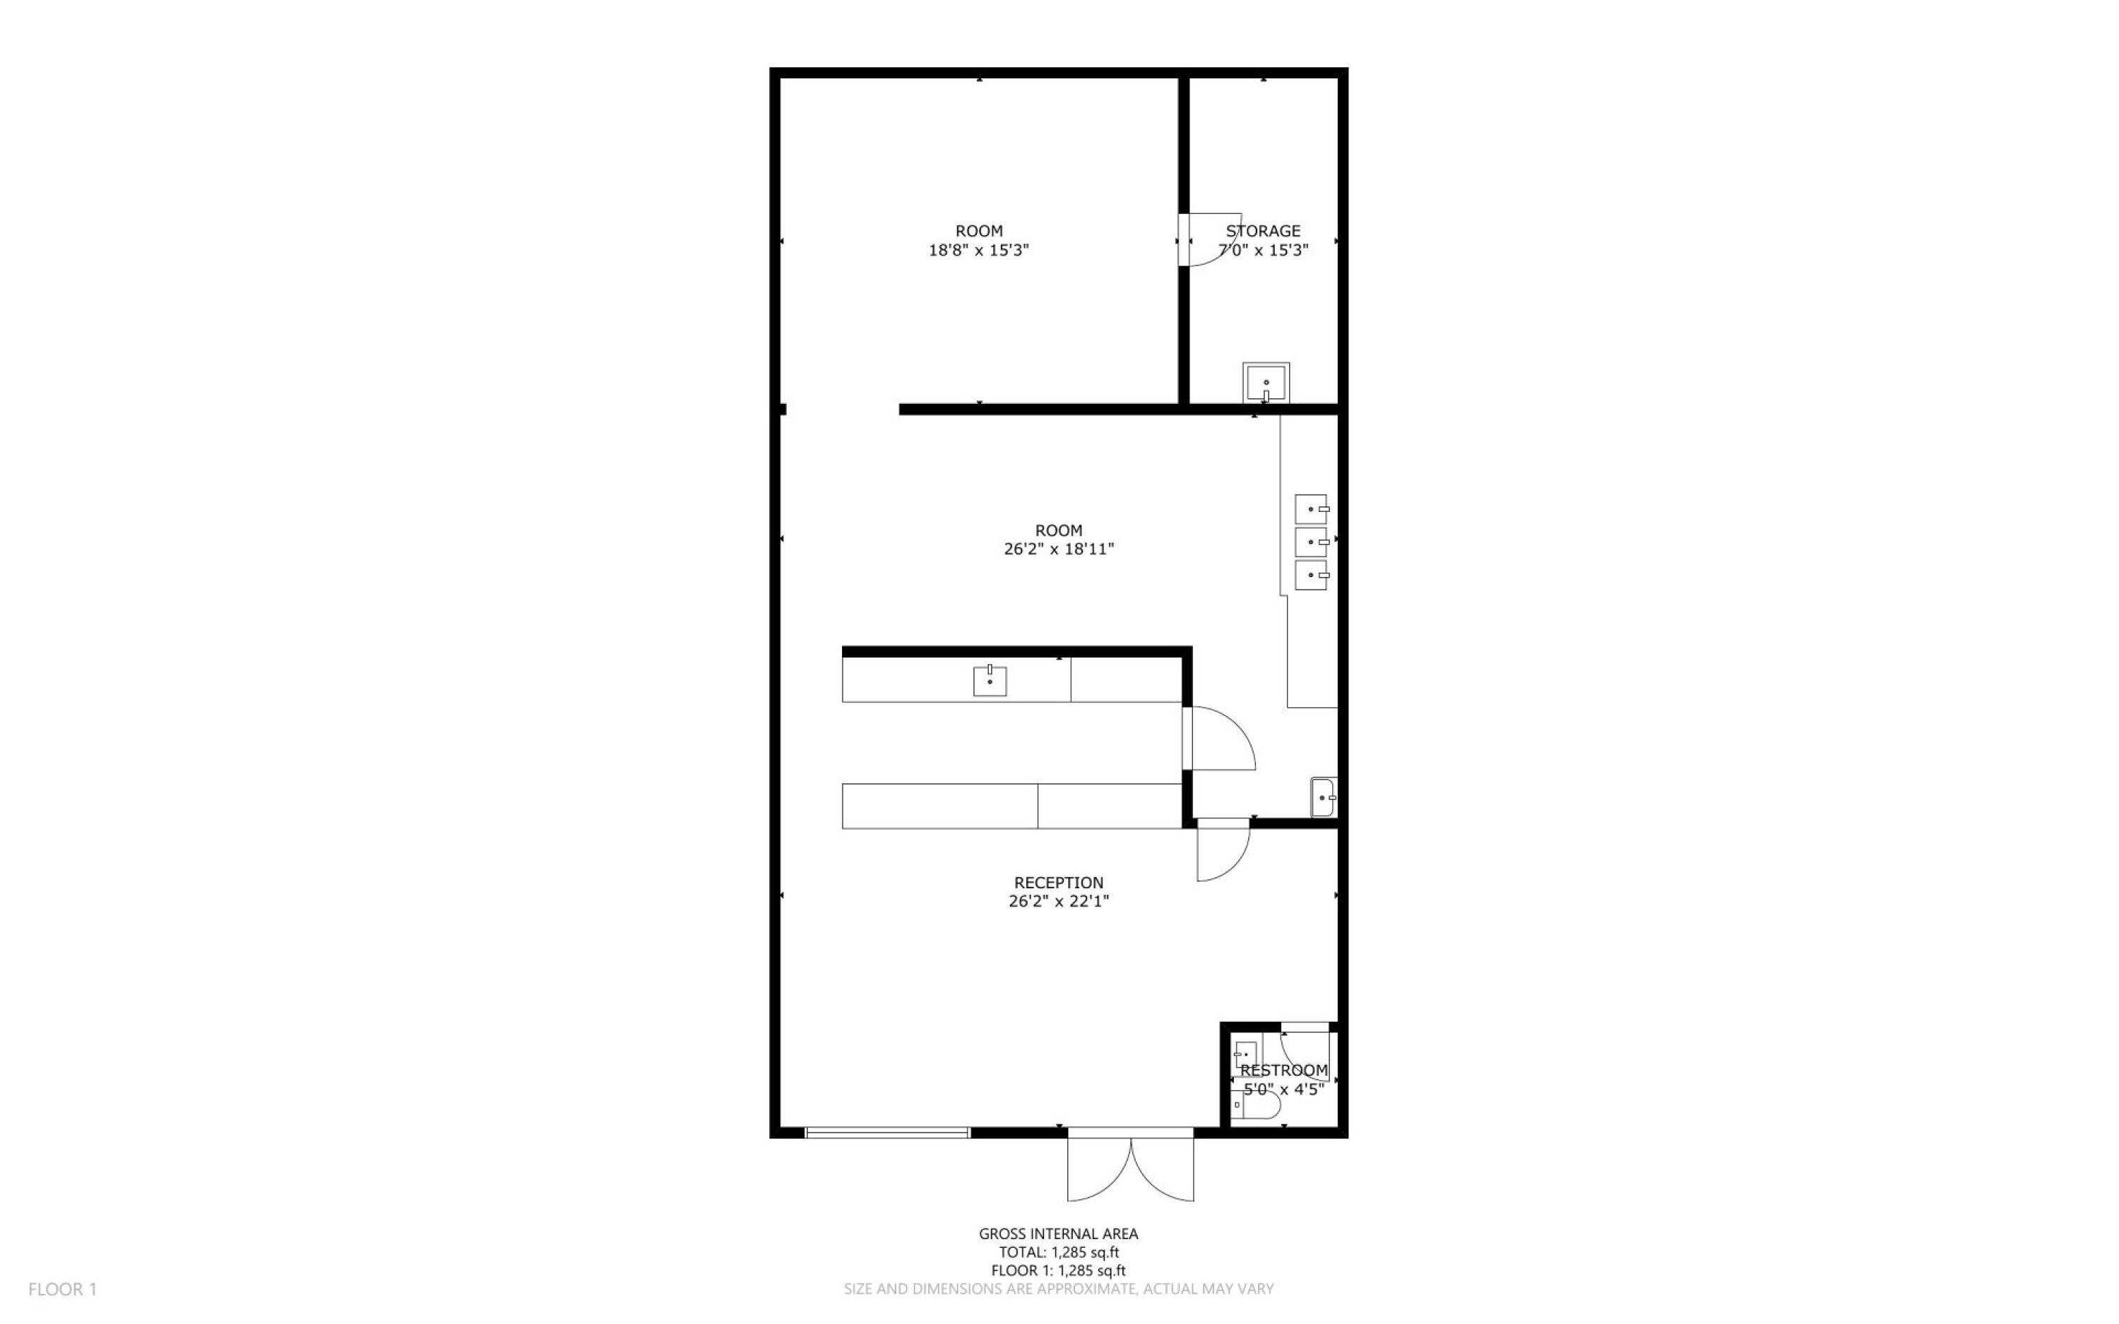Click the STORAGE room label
pyautogui.click(x=1263, y=231)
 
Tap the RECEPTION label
pyautogui.click(x=1059, y=883)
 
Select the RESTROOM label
pyautogui.click(x=1283, y=1070)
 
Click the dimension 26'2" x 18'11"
pyautogui.click(x=1059, y=549)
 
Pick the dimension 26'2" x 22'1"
pyautogui.click(x=1059, y=901)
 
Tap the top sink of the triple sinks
pyautogui.click(x=1311, y=508)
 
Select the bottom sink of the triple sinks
pyautogui.click(x=1311, y=575)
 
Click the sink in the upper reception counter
pyautogui.click(x=990, y=681)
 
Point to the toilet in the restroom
pyautogui.click(x=1257, y=1105)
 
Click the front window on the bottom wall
pyautogui.click(x=888, y=1132)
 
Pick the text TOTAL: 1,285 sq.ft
pyautogui.click(x=1059, y=1252)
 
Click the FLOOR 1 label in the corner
pyautogui.click(x=62, y=1289)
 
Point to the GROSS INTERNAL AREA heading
pyautogui.click(x=1059, y=1234)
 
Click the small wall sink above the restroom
pyautogui.click(x=1323, y=798)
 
